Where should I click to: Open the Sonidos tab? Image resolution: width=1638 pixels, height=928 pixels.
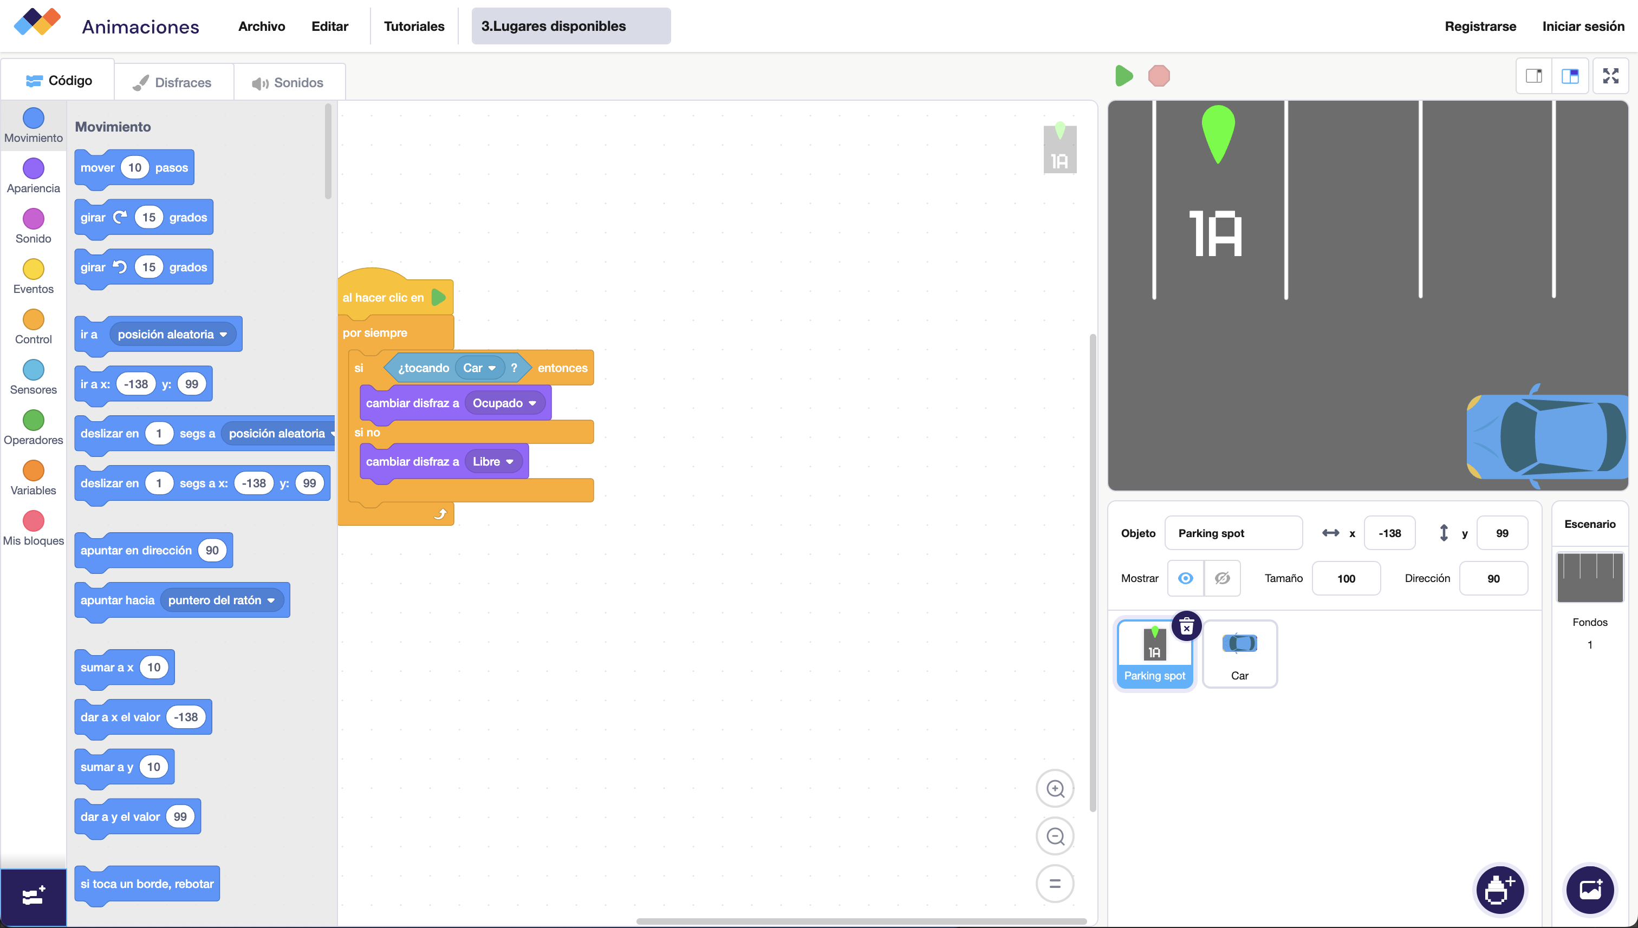pyautogui.click(x=289, y=83)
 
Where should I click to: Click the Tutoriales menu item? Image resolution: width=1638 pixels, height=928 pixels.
pyautogui.click(x=414, y=26)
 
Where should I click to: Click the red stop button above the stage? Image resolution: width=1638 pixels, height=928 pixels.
pyautogui.click(x=1159, y=76)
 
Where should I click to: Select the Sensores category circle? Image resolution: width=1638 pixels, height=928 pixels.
pyautogui.click(x=33, y=370)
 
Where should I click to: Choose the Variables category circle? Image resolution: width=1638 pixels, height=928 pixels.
pyautogui.click(x=33, y=471)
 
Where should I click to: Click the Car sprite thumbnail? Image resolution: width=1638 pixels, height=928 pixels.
pyautogui.click(x=1239, y=653)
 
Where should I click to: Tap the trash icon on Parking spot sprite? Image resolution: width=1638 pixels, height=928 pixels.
pyautogui.click(x=1186, y=627)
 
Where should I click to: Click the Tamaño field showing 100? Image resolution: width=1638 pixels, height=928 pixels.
pyautogui.click(x=1346, y=578)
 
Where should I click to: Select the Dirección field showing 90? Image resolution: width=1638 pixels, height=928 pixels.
pyautogui.click(x=1493, y=578)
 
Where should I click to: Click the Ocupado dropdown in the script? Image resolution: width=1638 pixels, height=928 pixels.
pyautogui.click(x=504, y=403)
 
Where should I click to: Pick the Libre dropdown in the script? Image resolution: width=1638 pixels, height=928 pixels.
pyautogui.click(x=492, y=461)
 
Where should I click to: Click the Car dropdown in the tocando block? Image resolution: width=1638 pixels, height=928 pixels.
pyautogui.click(x=479, y=368)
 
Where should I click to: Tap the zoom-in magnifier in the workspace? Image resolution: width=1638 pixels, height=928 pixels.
pyautogui.click(x=1055, y=788)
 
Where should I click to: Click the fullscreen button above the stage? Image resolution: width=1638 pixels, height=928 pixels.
pyautogui.click(x=1610, y=76)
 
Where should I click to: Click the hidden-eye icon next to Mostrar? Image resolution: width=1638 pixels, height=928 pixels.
pyautogui.click(x=1221, y=578)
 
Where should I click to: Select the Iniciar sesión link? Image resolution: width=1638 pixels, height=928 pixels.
pyautogui.click(x=1583, y=26)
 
